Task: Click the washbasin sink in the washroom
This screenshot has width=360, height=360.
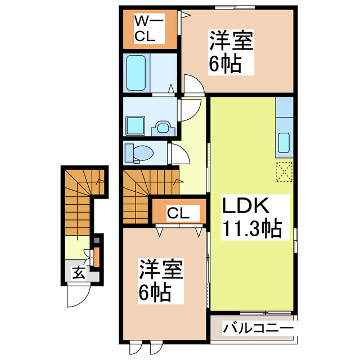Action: coord(163,127)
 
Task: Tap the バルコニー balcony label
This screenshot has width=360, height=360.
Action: coord(258,327)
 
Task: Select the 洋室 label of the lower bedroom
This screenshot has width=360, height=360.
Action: coord(161,270)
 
